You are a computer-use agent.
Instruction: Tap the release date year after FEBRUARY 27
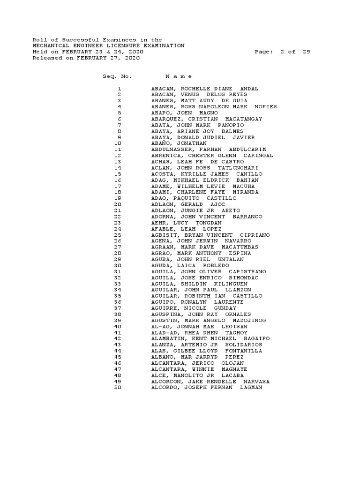click(x=132, y=58)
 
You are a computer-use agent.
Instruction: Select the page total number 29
click(x=306, y=52)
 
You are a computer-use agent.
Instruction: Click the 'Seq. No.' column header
click(x=117, y=76)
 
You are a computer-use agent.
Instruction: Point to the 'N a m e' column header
click(x=179, y=76)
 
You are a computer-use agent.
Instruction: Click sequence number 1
click(x=120, y=89)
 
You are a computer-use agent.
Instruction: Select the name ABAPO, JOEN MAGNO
click(x=184, y=113)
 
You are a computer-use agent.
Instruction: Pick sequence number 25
click(x=118, y=235)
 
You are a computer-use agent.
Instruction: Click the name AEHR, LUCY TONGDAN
click(x=186, y=223)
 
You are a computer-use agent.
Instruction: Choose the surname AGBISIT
click(x=165, y=235)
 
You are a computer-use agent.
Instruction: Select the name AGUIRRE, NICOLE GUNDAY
click(x=194, y=308)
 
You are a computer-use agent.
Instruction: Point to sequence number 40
click(x=118, y=326)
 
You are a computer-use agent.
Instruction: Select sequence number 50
click(x=118, y=387)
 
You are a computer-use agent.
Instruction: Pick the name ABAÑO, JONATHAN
click(x=179, y=143)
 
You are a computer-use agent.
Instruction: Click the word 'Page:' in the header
click(x=264, y=52)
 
